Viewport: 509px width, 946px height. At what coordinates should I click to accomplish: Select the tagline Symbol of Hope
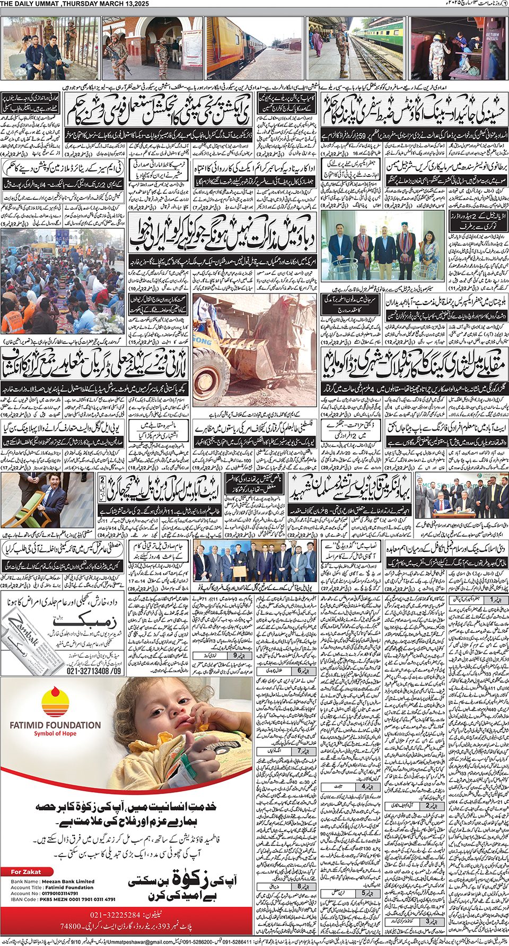click(x=55, y=734)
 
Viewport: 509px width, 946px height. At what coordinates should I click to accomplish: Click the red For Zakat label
click(x=26, y=872)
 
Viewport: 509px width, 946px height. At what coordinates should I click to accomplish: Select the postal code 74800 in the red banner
click(x=71, y=926)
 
